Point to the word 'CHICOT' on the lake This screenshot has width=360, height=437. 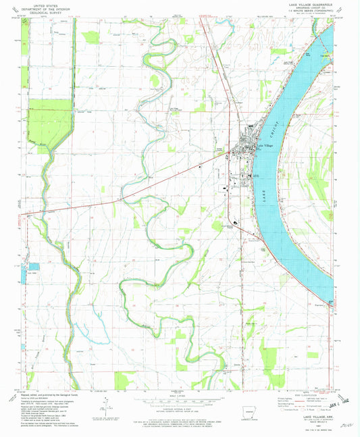[274, 123]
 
